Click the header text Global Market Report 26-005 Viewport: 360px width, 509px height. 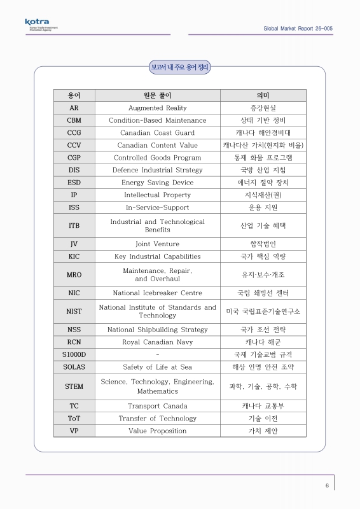(x=298, y=29)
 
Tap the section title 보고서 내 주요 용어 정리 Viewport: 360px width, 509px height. (x=179, y=66)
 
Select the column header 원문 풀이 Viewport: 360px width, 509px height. (x=158, y=95)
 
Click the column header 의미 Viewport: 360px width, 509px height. (x=263, y=95)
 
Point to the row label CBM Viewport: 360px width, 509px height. (x=74, y=120)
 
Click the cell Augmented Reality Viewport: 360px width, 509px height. (x=158, y=108)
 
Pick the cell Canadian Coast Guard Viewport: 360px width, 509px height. (x=158, y=133)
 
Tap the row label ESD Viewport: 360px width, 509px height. (x=74, y=183)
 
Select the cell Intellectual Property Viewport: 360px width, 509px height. (x=158, y=195)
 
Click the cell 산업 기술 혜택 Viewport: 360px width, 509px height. (x=263, y=226)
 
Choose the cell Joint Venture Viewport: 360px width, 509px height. (x=158, y=244)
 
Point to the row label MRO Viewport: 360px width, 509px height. (x=74, y=275)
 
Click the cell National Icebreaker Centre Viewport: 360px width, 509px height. (x=158, y=293)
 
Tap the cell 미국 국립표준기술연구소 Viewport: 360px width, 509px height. (x=263, y=311)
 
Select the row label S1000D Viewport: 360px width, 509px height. (x=74, y=354)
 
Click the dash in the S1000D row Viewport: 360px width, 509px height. (x=157, y=354)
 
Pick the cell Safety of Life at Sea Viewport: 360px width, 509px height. (x=158, y=367)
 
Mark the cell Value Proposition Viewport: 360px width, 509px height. (x=158, y=431)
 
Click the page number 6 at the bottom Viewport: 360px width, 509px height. (x=327, y=486)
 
